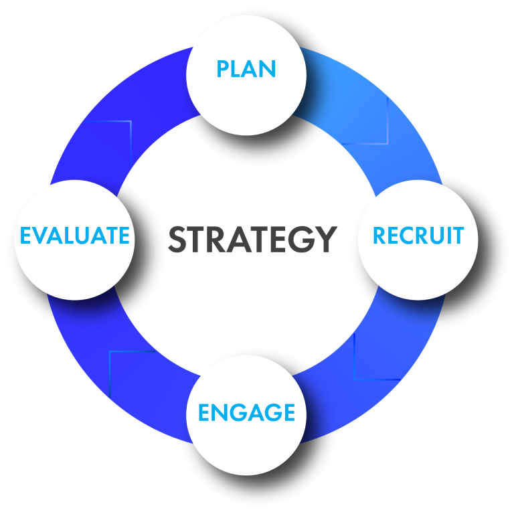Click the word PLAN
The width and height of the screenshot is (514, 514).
coord(246,69)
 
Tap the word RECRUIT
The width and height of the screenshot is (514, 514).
coord(418,236)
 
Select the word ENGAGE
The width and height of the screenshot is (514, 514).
coord(246,412)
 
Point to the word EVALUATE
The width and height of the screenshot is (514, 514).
coord(74,236)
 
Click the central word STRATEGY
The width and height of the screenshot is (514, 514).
coord(252,239)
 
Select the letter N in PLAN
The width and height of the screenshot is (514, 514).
coord(268,69)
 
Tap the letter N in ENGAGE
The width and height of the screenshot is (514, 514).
coord(222,412)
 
